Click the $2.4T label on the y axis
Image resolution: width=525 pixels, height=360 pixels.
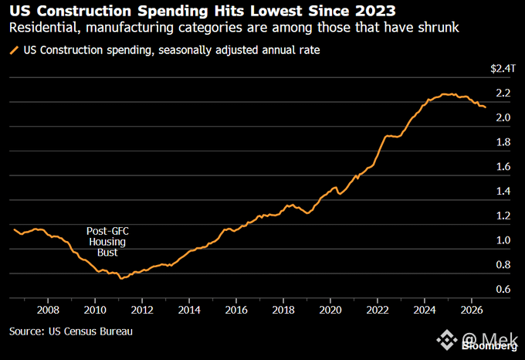pos(503,69)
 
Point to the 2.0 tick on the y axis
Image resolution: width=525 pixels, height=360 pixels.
pos(503,117)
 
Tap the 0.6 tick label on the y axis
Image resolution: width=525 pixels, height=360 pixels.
pos(503,289)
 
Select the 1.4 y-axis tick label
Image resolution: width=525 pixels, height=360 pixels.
pos(503,192)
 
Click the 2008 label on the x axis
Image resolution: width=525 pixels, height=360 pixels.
pos(48,310)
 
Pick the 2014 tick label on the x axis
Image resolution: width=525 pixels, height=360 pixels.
pos(189,310)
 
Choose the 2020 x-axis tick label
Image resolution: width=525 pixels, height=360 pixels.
pos(330,310)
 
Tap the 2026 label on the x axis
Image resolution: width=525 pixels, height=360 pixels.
pos(472,310)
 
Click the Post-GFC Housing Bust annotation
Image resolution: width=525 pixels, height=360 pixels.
pos(107,242)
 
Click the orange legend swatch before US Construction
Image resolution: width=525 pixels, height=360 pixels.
pos(14,50)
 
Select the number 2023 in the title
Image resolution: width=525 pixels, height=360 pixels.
pos(375,11)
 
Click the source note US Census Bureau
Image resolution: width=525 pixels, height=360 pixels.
pos(90,331)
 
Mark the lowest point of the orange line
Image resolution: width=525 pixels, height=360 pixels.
pos(121,278)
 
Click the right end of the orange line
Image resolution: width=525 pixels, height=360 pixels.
pos(486,107)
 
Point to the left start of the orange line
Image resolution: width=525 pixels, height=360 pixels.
pos(14,229)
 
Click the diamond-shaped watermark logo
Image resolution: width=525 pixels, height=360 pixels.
pos(447,340)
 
